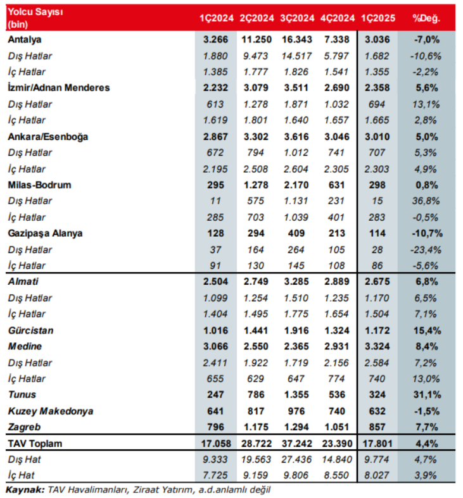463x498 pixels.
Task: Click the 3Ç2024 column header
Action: [295, 18]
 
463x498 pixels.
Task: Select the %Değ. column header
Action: [426, 18]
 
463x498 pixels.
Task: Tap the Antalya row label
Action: [24, 40]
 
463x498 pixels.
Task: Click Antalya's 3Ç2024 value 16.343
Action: [295, 40]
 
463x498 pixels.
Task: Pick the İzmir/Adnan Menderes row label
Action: [59, 87]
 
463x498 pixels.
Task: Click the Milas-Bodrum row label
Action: [39, 185]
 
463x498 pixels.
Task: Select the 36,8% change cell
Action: [426, 201]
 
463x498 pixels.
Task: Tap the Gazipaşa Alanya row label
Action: [45, 233]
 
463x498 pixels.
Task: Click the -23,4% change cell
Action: [426, 249]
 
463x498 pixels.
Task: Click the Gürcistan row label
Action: [30, 330]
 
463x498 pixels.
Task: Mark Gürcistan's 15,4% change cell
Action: [426, 330]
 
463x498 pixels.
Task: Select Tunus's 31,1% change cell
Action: [426, 395]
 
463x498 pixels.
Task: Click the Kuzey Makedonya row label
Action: [51, 411]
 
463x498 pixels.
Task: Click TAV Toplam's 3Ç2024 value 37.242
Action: [295, 444]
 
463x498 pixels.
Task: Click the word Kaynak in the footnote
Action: [23, 489]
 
